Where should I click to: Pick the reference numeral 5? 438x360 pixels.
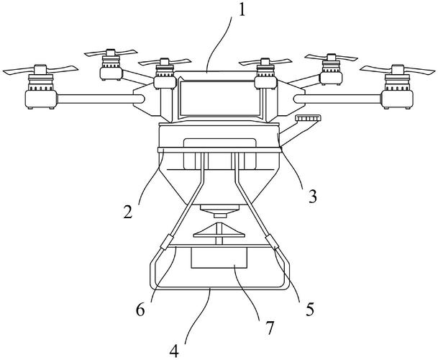click(x=309, y=309)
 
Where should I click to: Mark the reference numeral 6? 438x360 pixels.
click(x=141, y=310)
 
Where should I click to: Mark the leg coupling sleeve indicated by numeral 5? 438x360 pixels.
click(x=270, y=242)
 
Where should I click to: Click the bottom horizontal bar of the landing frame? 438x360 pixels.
click(x=215, y=288)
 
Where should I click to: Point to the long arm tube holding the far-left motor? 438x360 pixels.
click(x=97, y=97)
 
